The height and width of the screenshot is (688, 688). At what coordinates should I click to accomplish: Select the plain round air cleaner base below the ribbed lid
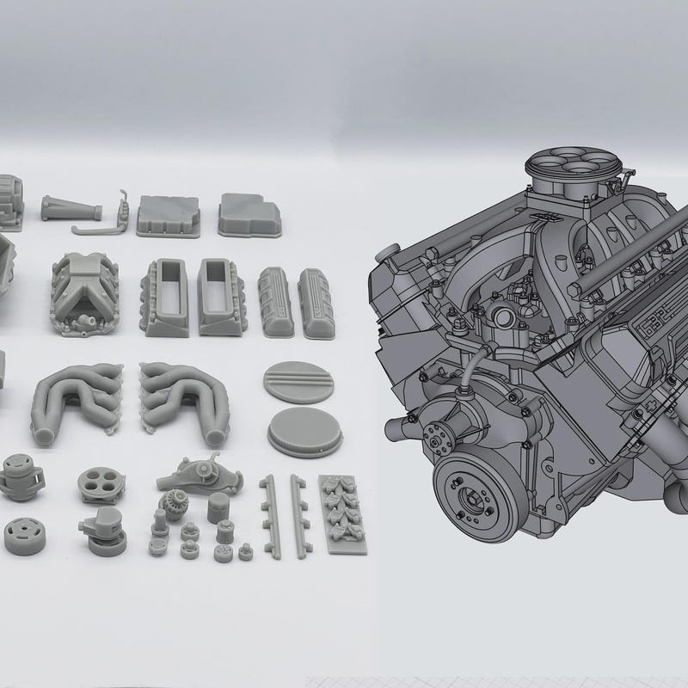click(x=300, y=430)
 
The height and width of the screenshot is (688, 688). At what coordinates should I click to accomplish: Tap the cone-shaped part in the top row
click(x=71, y=208)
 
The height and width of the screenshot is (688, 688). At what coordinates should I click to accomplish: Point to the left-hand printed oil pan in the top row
click(x=169, y=215)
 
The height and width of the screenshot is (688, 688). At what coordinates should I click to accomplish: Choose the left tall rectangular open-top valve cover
click(x=169, y=297)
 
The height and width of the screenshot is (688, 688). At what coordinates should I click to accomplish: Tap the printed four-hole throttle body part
click(x=101, y=484)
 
